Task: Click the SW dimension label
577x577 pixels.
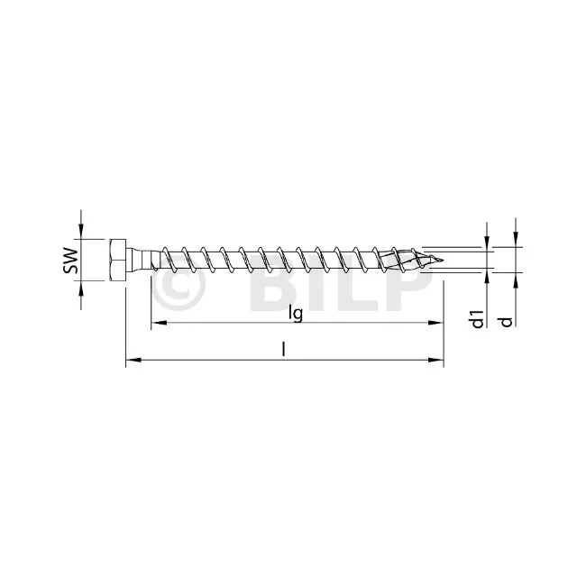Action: click(70, 261)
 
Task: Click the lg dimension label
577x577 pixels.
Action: click(296, 314)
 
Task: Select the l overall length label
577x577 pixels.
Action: click(283, 349)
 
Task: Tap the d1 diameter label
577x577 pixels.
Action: click(477, 318)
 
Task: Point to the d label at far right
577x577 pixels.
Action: click(507, 322)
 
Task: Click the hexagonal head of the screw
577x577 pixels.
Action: click(118, 261)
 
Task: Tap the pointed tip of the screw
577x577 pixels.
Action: click(442, 261)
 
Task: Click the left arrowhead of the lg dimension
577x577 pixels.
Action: click(159, 323)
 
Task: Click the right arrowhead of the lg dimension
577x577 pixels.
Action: click(435, 323)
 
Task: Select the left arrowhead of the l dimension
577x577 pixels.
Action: click(133, 360)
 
